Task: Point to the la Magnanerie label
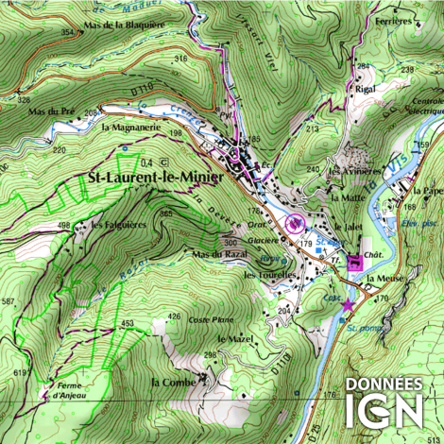[x=136, y=127]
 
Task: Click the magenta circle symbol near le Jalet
[x=294, y=223]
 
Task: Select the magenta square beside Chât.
[x=354, y=264]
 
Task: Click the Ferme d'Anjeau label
[x=72, y=389]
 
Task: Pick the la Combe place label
[x=173, y=382]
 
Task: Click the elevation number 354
[x=67, y=33]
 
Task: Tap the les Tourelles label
[x=270, y=275]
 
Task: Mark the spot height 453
[x=128, y=324]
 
